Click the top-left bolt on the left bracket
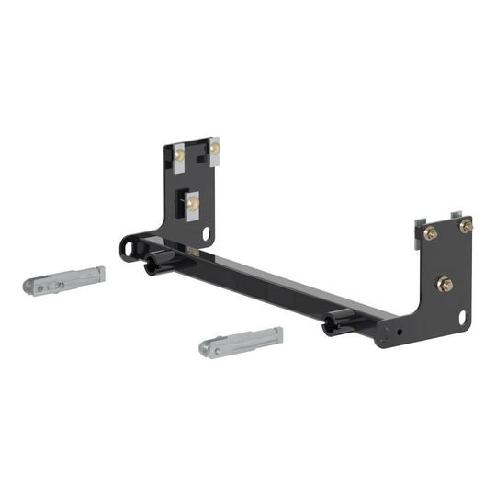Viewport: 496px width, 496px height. (x=180, y=156)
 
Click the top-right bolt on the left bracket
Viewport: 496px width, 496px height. (x=214, y=148)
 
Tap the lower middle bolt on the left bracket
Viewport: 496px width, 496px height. (x=193, y=204)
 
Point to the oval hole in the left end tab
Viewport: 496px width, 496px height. (x=129, y=247)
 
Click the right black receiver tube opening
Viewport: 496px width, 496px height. (x=328, y=327)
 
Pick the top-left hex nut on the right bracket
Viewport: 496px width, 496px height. (x=430, y=233)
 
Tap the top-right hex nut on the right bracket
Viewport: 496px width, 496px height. (x=465, y=226)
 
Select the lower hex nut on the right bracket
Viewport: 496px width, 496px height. (x=443, y=285)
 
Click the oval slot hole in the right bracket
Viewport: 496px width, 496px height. (x=462, y=317)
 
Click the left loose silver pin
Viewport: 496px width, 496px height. (x=63, y=280)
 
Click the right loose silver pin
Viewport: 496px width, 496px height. (x=241, y=341)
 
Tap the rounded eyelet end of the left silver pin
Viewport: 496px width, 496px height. (x=32, y=287)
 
